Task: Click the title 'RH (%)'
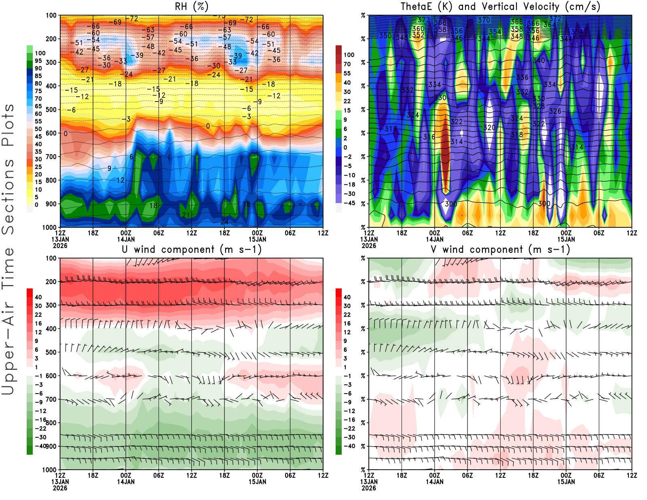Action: [x=191, y=6]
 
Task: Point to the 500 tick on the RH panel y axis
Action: [x=51, y=109]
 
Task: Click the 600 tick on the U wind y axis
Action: [x=51, y=375]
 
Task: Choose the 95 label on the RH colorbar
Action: [x=38, y=61]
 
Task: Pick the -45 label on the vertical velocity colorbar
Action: [x=349, y=203]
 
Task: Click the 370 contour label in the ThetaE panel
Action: [x=484, y=20]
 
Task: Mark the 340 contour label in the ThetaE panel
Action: [x=539, y=60]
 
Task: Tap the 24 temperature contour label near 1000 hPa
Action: [x=224, y=221]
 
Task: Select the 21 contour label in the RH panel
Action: [x=186, y=215]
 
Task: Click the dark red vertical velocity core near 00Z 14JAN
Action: [x=445, y=150]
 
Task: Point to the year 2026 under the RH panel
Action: [x=60, y=246]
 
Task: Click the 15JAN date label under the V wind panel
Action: [x=566, y=482]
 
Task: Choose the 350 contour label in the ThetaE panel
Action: [x=385, y=36]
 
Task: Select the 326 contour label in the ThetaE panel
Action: [x=555, y=111]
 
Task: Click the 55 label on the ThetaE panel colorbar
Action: [x=347, y=73]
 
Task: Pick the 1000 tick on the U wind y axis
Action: [x=49, y=470]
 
